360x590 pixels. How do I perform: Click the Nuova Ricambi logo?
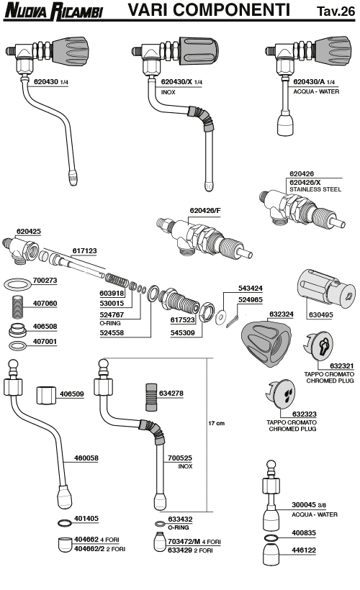point(53,11)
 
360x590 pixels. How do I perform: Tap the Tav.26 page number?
point(336,11)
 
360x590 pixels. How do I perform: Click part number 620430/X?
point(176,81)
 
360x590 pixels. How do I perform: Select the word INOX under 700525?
point(185,466)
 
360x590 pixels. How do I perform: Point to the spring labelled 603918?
point(117,281)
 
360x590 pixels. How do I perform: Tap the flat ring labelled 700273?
point(17,283)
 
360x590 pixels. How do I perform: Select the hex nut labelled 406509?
point(46,395)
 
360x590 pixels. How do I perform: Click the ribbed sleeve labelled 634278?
point(151,397)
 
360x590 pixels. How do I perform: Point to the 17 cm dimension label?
point(216,423)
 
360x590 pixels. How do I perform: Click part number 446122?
point(304,550)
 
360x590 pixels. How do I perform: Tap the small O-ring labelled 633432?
point(161,523)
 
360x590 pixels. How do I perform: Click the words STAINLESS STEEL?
point(315,189)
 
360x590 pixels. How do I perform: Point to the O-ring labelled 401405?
point(65,522)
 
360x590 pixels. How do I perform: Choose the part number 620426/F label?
point(205,210)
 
